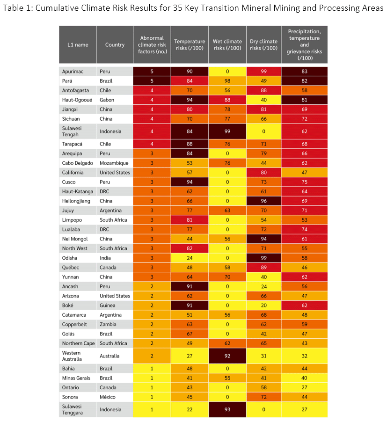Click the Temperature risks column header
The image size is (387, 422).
point(190,44)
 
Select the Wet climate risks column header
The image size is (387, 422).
point(227,44)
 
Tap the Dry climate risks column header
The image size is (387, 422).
point(263,44)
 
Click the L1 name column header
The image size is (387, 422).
point(78,45)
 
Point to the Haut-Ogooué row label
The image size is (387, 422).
point(76,100)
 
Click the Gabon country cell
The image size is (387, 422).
point(108,100)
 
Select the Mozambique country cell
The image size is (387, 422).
point(115,163)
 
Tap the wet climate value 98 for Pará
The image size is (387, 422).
point(227,81)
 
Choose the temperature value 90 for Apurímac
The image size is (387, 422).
point(190,72)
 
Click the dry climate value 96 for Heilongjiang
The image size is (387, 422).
point(263,201)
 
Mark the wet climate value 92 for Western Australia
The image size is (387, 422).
point(227,356)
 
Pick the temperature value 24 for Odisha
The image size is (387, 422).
point(190,258)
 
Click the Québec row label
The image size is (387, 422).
point(71,267)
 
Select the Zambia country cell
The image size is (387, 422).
point(108,324)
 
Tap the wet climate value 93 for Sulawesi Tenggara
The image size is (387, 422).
point(227,410)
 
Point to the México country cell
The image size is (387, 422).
point(109,397)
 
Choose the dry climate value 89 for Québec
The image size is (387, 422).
point(263,267)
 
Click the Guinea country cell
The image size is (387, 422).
point(108,305)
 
